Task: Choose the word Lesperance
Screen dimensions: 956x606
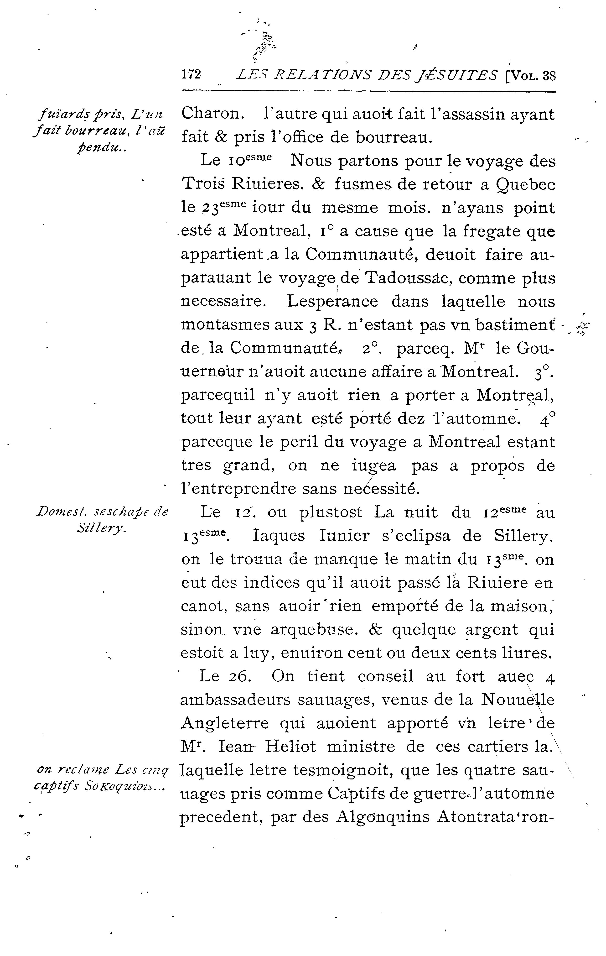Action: [x=332, y=302]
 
